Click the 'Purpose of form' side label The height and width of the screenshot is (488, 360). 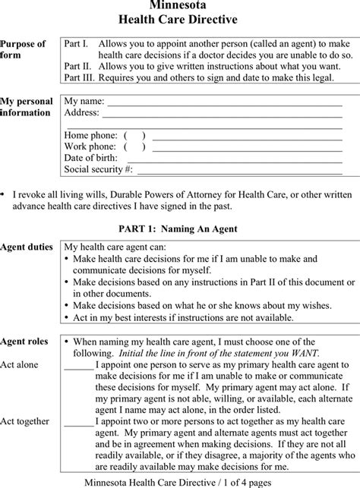(23, 50)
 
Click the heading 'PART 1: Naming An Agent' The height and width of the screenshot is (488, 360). (178, 228)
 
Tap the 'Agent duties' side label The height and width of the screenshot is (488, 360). (27, 247)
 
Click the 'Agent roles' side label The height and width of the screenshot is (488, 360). (24, 342)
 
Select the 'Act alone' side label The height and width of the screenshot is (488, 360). (20, 364)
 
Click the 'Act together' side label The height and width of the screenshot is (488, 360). (25, 421)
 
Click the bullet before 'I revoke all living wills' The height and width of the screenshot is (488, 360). (5, 195)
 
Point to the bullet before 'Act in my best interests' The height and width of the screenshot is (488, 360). (68, 316)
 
